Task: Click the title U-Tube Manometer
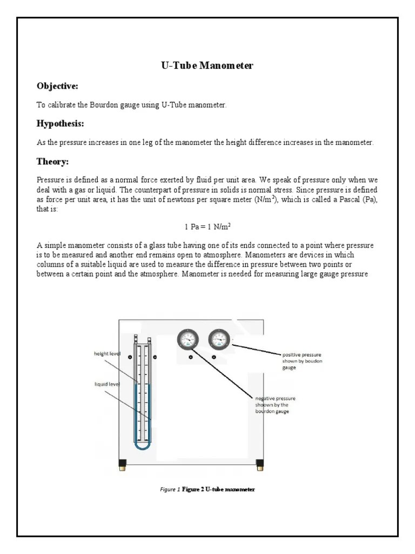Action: [207, 66]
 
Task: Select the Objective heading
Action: [57, 86]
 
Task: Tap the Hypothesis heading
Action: [60, 124]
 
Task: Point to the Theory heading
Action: [52, 161]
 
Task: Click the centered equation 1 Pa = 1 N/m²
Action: [208, 227]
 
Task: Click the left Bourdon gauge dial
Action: [188, 339]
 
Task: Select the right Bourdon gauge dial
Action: [219, 339]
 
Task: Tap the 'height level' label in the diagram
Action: [107, 353]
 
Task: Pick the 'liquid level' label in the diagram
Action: [106, 385]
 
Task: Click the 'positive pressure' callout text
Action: [302, 358]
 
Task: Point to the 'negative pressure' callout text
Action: [275, 405]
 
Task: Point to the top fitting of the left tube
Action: [135, 340]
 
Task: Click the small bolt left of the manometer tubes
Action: [129, 357]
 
